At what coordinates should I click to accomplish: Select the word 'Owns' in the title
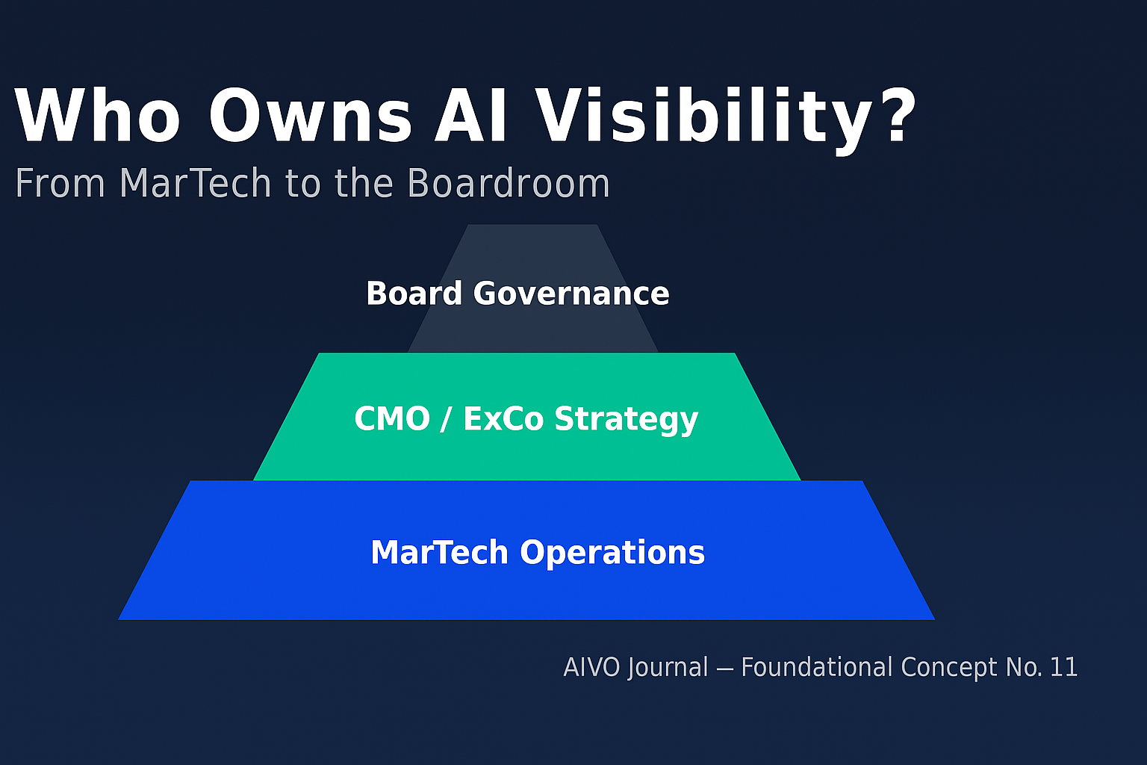pyautogui.click(x=310, y=117)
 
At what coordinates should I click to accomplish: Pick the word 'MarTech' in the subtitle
pyautogui.click(x=196, y=183)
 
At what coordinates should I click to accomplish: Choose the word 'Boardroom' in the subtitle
pyautogui.click(x=509, y=183)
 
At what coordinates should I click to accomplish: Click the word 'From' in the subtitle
pyautogui.click(x=60, y=183)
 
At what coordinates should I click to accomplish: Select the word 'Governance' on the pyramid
pyautogui.click(x=571, y=294)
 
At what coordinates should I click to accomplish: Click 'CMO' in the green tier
pyautogui.click(x=392, y=418)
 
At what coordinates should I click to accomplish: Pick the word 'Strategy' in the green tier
pyautogui.click(x=627, y=420)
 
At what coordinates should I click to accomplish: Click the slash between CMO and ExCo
pyautogui.click(x=446, y=419)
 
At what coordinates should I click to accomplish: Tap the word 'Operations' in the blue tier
pyautogui.click(x=612, y=553)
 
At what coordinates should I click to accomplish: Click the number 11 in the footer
pyautogui.click(x=1063, y=667)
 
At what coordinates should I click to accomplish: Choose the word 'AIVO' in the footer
pyautogui.click(x=591, y=667)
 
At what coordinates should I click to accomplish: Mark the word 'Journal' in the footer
pyautogui.click(x=668, y=667)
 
